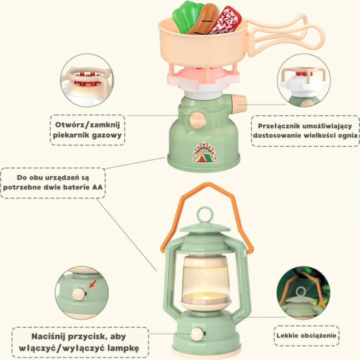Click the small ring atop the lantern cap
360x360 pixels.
[205, 214]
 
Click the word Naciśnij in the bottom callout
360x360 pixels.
[54, 336]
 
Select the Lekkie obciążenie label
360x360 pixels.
[306, 336]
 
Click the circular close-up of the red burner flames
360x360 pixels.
[87, 81]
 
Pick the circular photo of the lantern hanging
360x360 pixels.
[303, 293]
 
